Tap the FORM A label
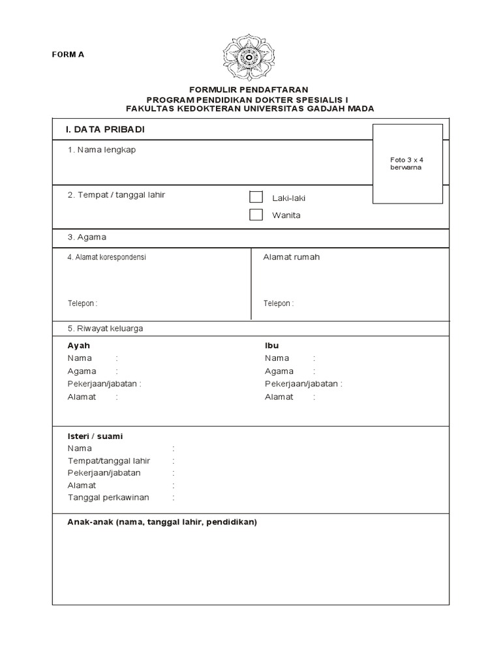(x=68, y=54)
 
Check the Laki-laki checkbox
(x=256, y=198)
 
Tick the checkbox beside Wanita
(x=256, y=215)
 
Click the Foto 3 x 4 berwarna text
(x=407, y=163)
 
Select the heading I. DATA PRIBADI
(x=105, y=130)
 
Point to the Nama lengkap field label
(x=102, y=150)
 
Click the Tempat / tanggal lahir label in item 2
(x=116, y=195)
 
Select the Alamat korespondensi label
(x=107, y=257)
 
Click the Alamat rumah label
(x=291, y=257)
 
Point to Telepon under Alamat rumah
(x=278, y=303)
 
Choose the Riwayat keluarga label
(x=105, y=329)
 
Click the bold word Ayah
(x=78, y=346)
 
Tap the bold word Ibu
(x=271, y=346)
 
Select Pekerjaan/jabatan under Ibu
(x=301, y=384)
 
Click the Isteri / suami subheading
(x=95, y=436)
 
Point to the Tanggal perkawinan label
(x=108, y=498)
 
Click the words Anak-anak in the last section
(x=89, y=523)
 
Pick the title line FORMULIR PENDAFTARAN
(x=249, y=89)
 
